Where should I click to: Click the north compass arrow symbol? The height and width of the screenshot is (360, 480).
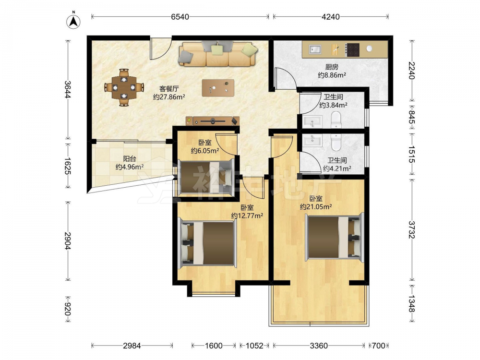[73, 22]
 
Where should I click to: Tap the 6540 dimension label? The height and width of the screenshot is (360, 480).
[180, 17]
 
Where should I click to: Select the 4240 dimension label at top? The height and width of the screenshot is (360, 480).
[331, 17]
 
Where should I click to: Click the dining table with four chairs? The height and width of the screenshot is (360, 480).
[124, 87]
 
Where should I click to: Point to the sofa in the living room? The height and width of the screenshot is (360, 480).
[217, 54]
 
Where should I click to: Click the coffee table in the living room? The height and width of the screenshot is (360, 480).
[218, 88]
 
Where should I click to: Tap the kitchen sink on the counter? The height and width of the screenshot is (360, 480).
[315, 49]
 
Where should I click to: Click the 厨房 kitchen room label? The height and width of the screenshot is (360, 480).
[332, 66]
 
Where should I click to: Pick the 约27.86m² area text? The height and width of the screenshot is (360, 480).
[169, 97]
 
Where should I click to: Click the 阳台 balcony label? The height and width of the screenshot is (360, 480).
[130, 158]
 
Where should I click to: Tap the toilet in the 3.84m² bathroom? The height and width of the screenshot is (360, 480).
[336, 120]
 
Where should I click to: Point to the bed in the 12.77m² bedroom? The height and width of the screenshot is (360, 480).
[208, 243]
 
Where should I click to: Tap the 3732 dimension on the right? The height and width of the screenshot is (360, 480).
[412, 229]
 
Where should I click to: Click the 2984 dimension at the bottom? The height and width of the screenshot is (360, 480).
[132, 346]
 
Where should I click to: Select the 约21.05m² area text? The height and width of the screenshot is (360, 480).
[316, 206]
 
